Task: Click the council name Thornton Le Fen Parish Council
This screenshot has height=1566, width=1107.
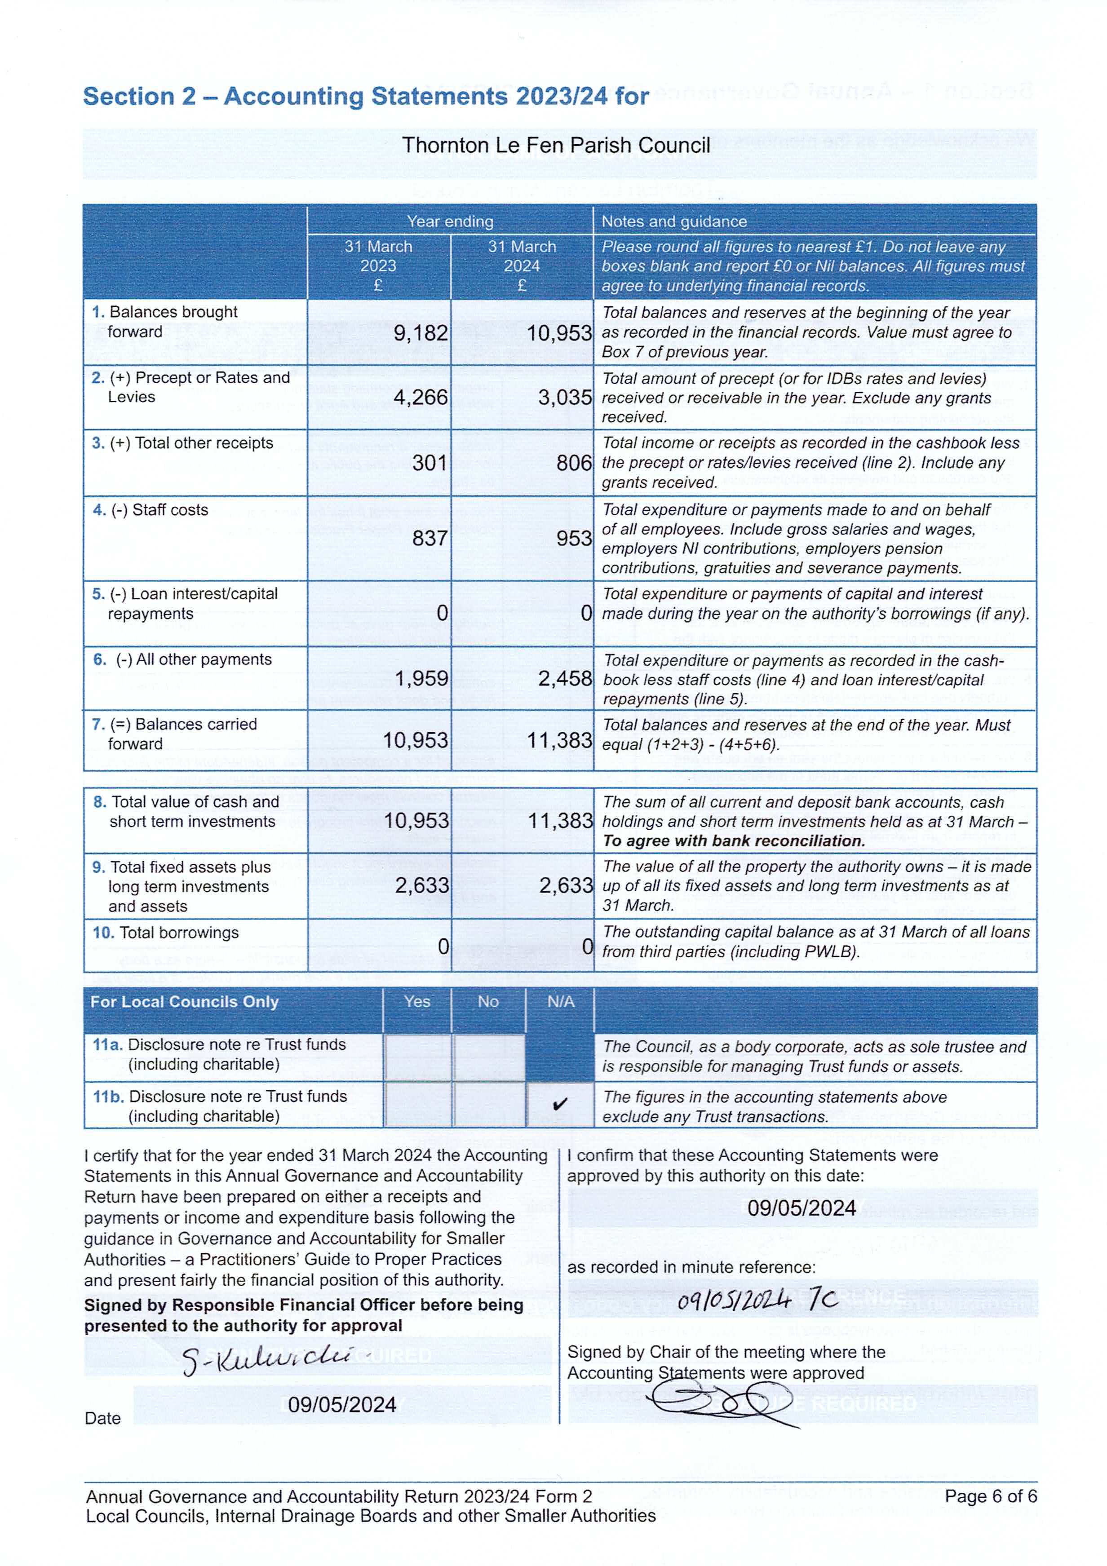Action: pos(555,145)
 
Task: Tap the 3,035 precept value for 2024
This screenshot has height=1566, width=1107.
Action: pos(564,397)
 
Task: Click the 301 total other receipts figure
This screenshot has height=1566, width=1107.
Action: pos(430,463)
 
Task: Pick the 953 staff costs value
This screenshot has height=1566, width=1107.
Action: pos(574,538)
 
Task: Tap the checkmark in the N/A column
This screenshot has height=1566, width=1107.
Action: pos(560,1104)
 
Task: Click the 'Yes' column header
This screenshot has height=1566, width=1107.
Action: pos(417,1001)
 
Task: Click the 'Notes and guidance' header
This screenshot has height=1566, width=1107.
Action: pos(674,221)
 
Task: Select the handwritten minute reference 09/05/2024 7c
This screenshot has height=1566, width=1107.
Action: pos(757,1301)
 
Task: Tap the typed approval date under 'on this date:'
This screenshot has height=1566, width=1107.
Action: pos(801,1208)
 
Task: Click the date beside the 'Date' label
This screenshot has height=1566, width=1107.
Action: pos(342,1404)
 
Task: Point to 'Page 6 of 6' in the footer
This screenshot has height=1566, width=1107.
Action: pos(990,1496)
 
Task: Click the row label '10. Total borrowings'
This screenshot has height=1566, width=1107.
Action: pos(166,933)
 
